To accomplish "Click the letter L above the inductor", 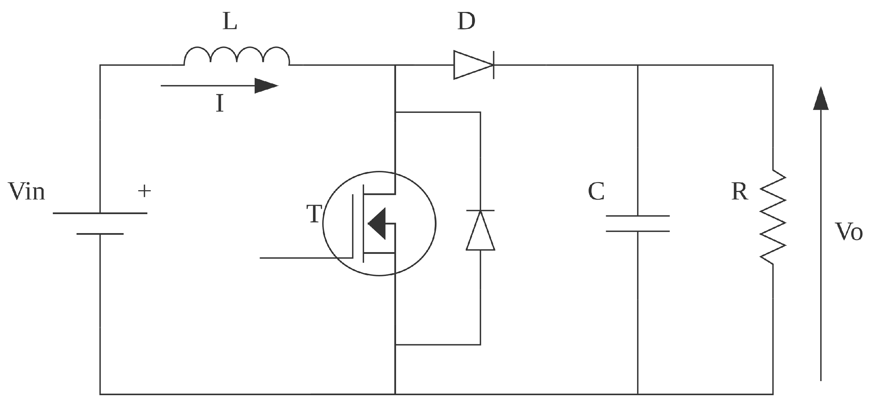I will (x=230, y=22).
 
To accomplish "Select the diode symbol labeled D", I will (x=473, y=65).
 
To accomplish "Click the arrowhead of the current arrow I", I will (x=266, y=86).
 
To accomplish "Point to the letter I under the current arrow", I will (x=219, y=104).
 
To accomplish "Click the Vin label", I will (x=27, y=192).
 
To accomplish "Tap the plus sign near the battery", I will (x=144, y=191).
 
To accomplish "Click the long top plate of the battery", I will (x=100, y=213).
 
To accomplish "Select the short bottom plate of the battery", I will (x=100, y=234).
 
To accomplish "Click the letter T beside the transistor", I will (x=314, y=214).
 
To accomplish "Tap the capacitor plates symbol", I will (x=637, y=224).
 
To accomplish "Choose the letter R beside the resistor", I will (x=739, y=192).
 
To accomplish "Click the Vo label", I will (x=848, y=232).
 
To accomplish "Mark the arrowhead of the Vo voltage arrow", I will (x=821, y=99).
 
